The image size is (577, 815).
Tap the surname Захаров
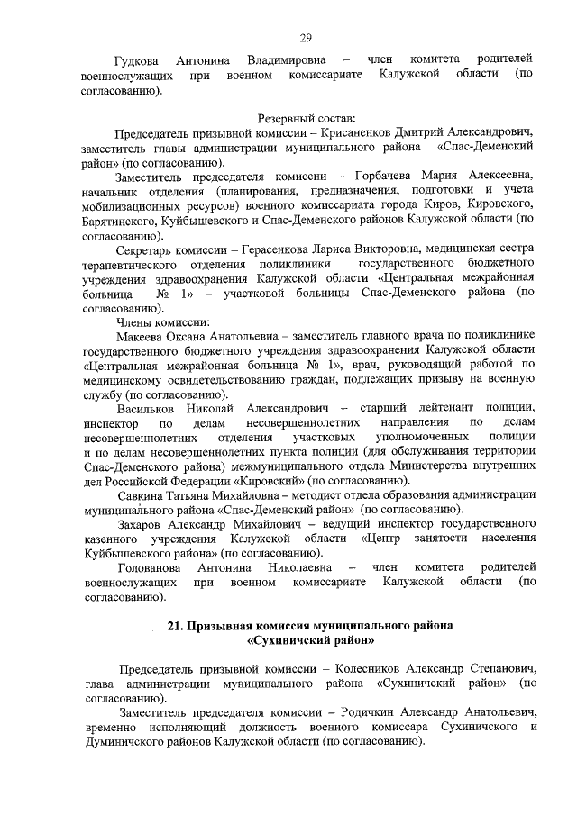click(x=144, y=524)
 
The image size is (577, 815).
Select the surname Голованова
click(x=151, y=567)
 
